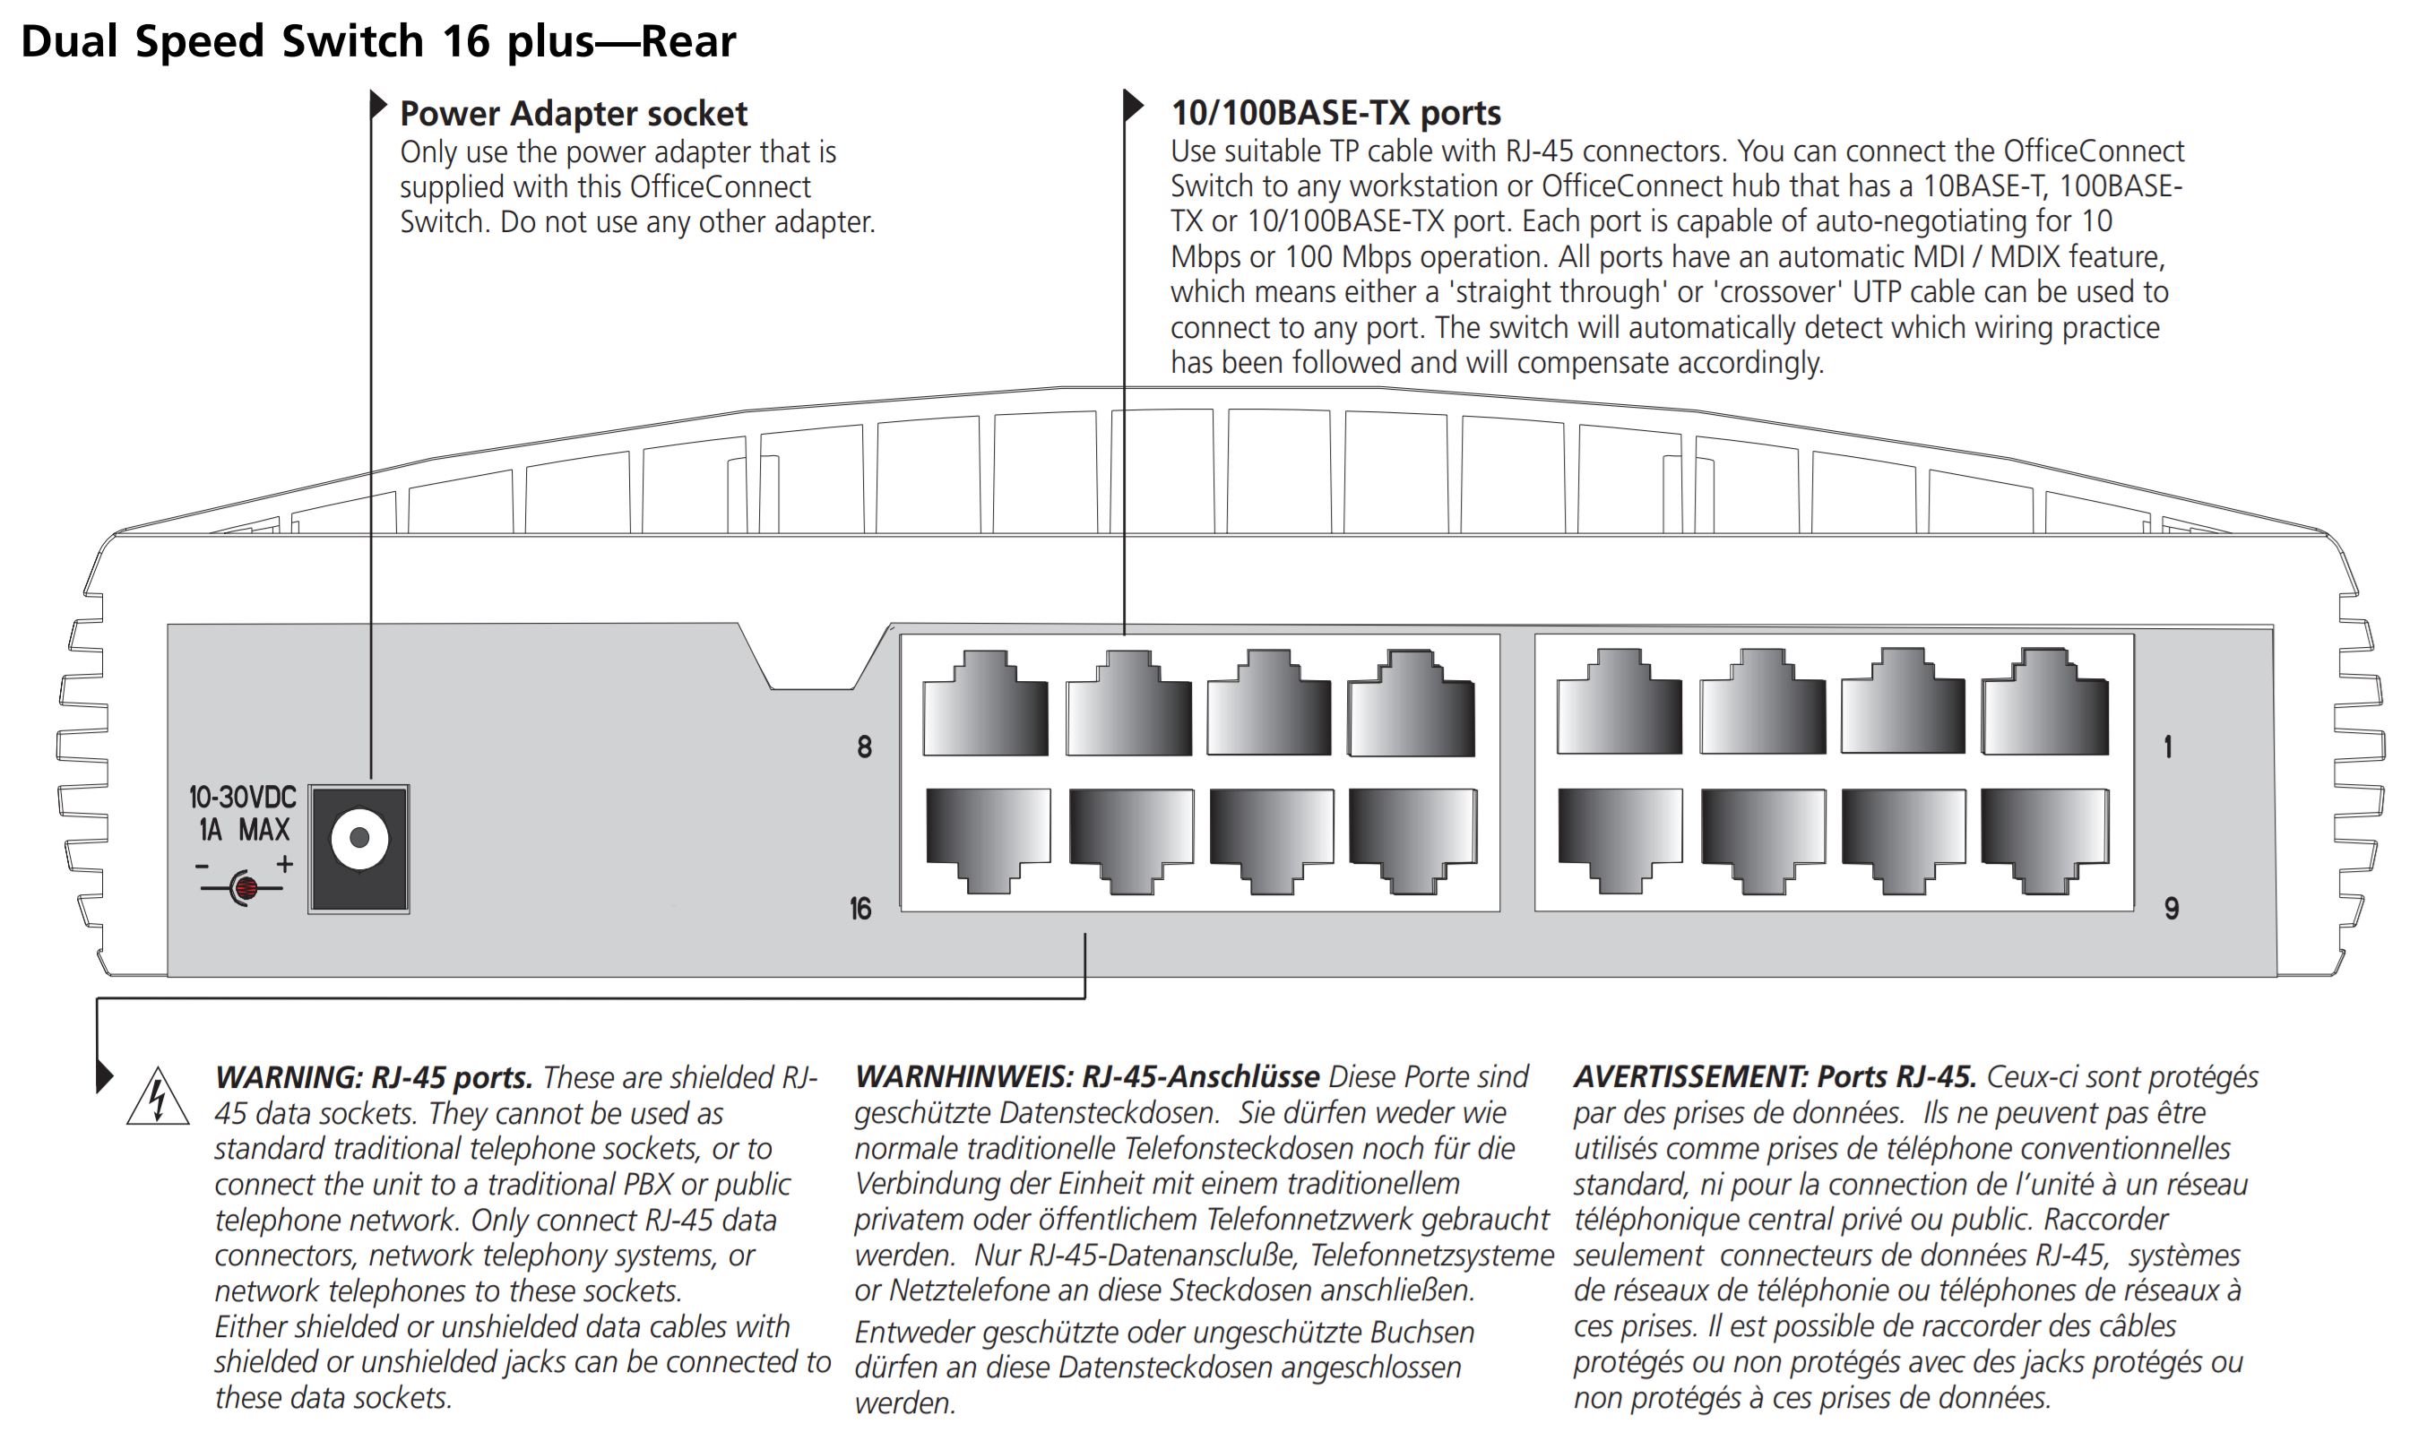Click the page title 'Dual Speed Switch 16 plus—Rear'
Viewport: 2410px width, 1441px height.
click(379, 41)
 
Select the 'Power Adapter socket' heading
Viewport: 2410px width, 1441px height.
click(573, 114)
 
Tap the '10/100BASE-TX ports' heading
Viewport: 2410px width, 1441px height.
click(1335, 113)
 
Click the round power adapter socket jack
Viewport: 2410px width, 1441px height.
click(359, 838)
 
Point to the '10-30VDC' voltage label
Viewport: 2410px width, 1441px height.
click(242, 798)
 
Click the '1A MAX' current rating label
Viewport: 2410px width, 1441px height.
click(244, 830)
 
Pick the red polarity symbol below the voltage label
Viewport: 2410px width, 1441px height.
click(246, 886)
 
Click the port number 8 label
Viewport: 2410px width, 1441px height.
click(864, 746)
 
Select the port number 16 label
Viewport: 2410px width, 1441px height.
click(860, 909)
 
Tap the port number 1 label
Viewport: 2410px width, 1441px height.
click(2167, 746)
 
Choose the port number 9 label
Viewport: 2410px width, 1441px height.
click(2171, 909)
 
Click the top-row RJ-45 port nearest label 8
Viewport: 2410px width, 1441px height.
click(986, 707)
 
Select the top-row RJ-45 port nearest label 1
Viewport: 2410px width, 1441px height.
click(2045, 705)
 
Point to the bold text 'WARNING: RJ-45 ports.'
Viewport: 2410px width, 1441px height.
click(374, 1078)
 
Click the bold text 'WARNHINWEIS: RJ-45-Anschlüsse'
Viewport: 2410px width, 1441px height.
click(1086, 1077)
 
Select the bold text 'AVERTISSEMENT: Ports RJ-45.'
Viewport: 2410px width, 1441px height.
click(1774, 1077)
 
